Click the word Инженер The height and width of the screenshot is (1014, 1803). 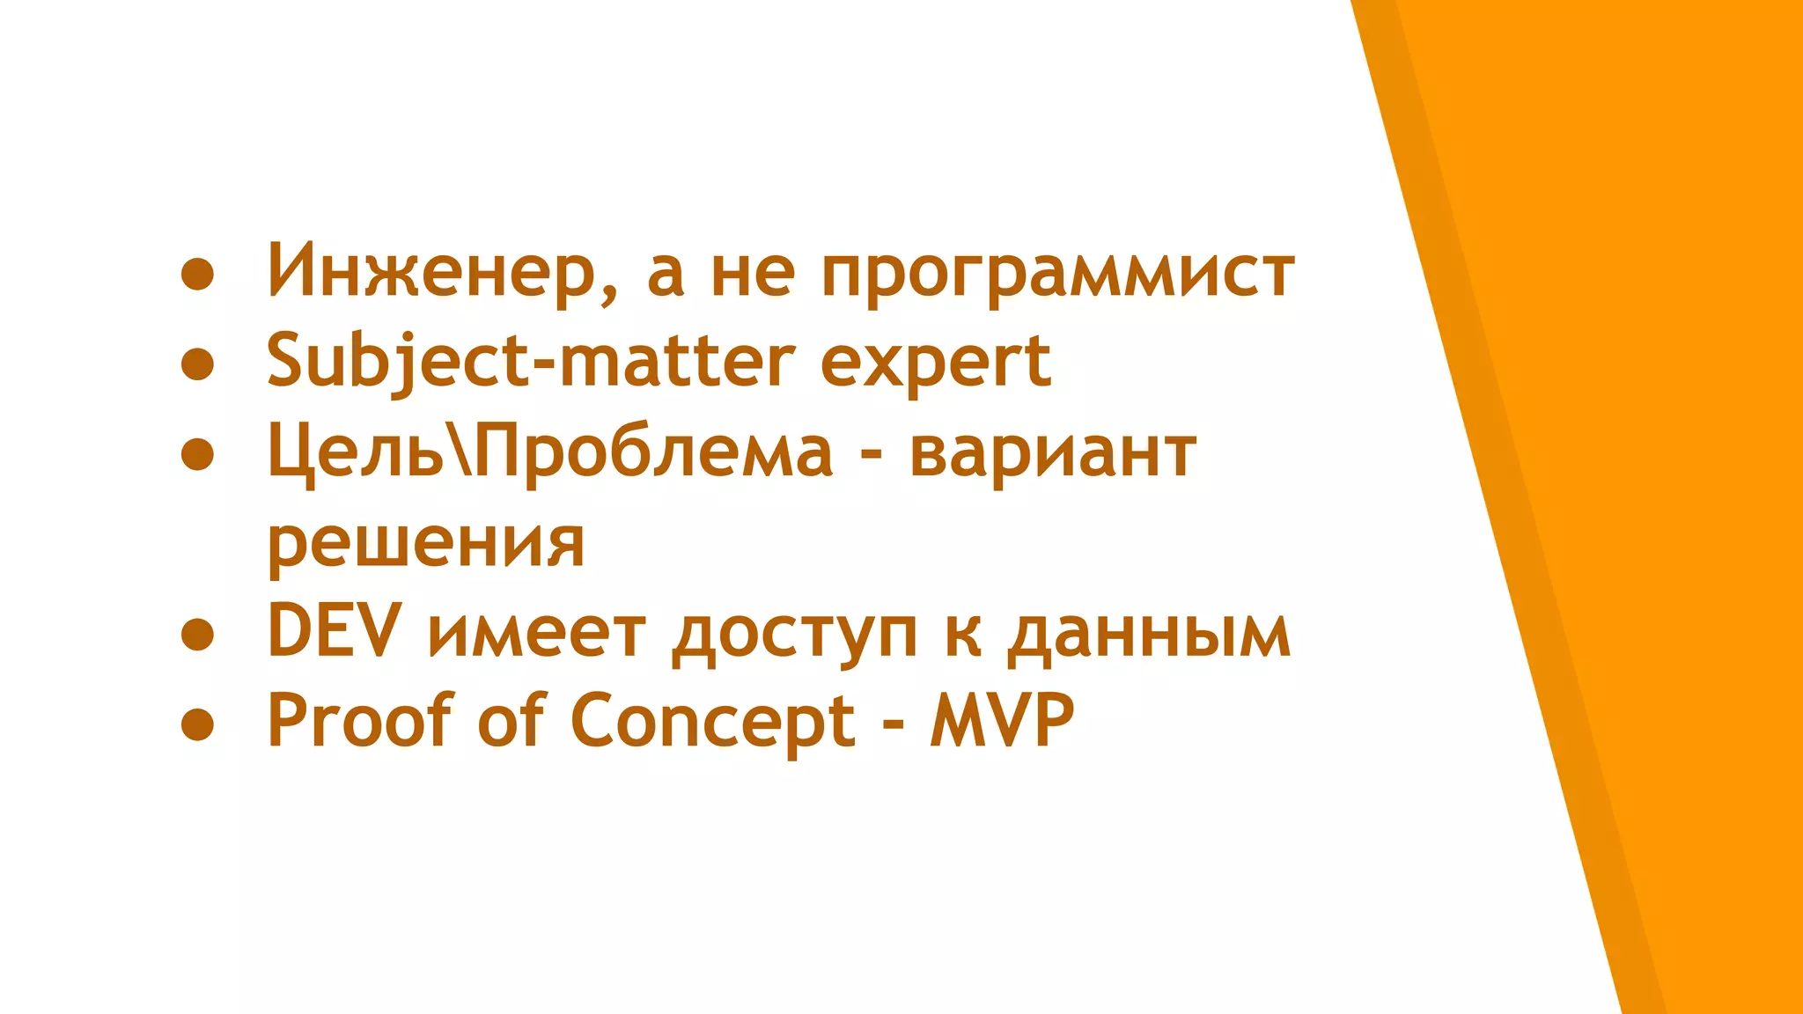[x=431, y=270]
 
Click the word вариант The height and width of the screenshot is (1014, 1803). [x=1052, y=452]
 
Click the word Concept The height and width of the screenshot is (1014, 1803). [x=713, y=722]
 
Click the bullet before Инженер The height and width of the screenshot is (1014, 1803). [x=197, y=274]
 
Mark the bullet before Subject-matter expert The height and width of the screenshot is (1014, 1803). [x=197, y=364]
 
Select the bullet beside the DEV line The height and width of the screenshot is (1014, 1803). [x=197, y=634]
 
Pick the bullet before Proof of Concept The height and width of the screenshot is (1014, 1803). [x=197, y=724]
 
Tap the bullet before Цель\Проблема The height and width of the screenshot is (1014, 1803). [x=197, y=454]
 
